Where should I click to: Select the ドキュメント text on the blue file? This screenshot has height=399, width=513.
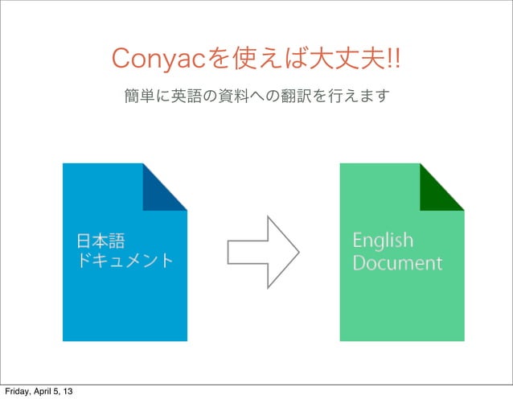(x=125, y=261)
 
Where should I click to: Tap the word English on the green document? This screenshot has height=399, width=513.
(x=383, y=241)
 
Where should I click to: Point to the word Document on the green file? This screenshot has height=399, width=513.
(x=397, y=262)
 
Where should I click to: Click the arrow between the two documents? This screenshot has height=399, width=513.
(x=264, y=251)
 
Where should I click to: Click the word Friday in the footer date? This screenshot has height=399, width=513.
(x=15, y=392)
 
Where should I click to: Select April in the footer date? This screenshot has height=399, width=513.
(x=43, y=392)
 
